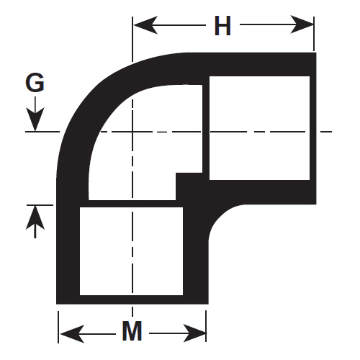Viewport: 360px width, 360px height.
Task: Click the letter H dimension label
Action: pyautogui.click(x=222, y=25)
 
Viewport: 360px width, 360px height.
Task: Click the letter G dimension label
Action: pyautogui.click(x=35, y=82)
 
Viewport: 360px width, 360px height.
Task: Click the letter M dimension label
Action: pyautogui.click(x=132, y=330)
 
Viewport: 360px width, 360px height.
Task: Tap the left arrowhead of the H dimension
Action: pyautogui.click(x=145, y=25)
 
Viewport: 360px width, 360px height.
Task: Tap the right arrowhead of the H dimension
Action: pyautogui.click(x=302, y=24)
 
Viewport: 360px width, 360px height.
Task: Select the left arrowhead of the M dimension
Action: pyautogui.click(x=72, y=334)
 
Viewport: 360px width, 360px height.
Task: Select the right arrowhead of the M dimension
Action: pyautogui.click(x=195, y=333)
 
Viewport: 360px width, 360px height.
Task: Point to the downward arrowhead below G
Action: pyautogui.click(x=35, y=120)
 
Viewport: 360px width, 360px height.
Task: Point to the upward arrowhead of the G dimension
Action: pyautogui.click(x=35, y=218)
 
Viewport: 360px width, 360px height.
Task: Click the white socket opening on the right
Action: pyautogui.click(x=259, y=128)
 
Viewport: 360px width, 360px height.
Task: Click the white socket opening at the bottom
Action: pyautogui.click(x=131, y=251)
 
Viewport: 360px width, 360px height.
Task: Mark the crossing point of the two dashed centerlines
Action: pyautogui.click(x=132, y=132)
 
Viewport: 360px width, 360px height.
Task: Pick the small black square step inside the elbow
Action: pyautogui.click(x=189, y=186)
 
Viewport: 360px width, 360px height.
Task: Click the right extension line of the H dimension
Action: pyautogui.click(x=314, y=34)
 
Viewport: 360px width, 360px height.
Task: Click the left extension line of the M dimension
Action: pyautogui.click(x=58, y=327)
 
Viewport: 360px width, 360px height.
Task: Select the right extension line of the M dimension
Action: pyautogui.click(x=206, y=326)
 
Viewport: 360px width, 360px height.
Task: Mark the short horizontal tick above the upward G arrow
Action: pyautogui.click(x=40, y=205)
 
